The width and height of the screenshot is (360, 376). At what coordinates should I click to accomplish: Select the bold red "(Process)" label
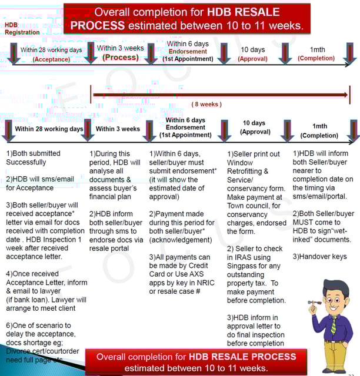(x=121, y=58)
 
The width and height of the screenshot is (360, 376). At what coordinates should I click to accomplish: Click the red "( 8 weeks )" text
(x=206, y=104)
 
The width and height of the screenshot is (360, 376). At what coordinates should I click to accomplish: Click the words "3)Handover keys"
(x=319, y=256)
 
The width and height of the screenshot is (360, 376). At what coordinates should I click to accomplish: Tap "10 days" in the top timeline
(x=252, y=50)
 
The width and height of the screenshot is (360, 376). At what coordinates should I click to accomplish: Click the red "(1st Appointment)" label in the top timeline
(x=188, y=59)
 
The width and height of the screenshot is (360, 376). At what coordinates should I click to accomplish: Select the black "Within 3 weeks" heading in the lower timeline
(x=118, y=129)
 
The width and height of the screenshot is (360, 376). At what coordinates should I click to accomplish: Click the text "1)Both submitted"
(x=33, y=153)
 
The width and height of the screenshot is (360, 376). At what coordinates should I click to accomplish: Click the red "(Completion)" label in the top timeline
(x=316, y=58)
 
